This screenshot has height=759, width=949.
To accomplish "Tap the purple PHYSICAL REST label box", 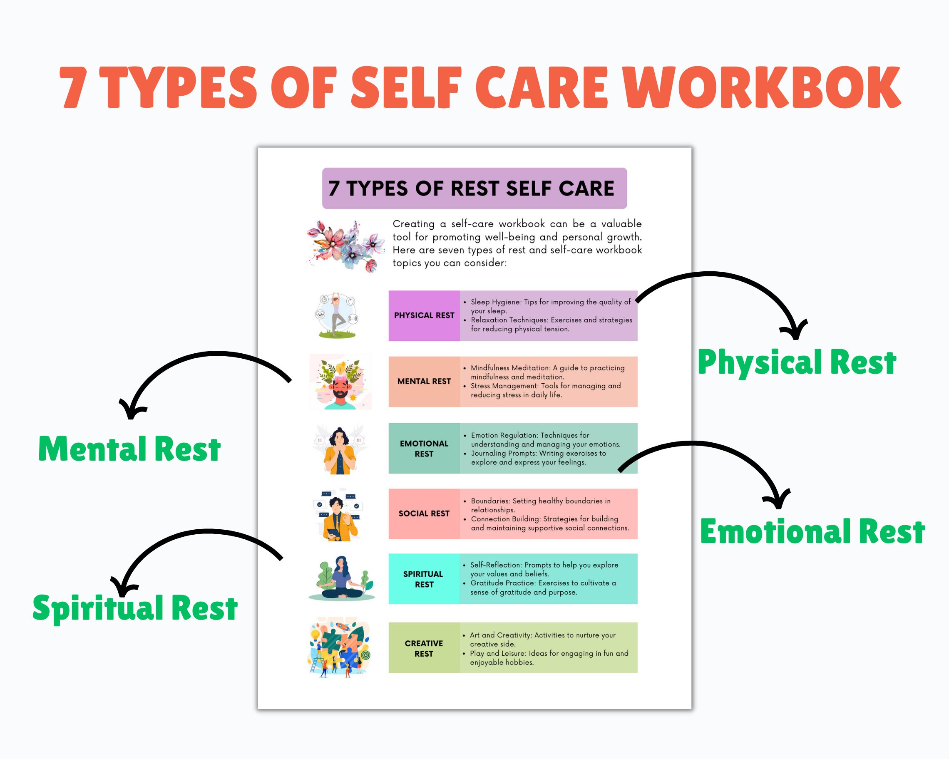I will [x=424, y=315].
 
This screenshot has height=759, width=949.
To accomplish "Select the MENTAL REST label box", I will [x=424, y=382].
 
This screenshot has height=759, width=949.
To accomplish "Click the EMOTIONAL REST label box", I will [x=424, y=448].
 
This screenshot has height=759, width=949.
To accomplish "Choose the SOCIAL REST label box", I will [x=424, y=513].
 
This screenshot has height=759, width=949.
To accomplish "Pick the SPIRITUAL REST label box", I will [x=424, y=579].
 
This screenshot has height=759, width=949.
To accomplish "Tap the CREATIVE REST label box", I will [x=424, y=648].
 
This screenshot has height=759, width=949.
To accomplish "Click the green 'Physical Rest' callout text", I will [x=797, y=362].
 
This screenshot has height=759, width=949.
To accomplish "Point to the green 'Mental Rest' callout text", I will [x=129, y=449].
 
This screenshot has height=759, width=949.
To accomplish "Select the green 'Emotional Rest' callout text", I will [x=812, y=531].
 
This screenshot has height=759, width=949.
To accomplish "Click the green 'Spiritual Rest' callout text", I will [x=135, y=608].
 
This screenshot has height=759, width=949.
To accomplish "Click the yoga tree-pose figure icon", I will [x=337, y=315].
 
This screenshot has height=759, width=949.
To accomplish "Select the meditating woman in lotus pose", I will [x=342, y=578].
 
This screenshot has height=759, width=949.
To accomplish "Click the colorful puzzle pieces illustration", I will [x=339, y=647].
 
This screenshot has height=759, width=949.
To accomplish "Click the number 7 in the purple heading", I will [x=334, y=189].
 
